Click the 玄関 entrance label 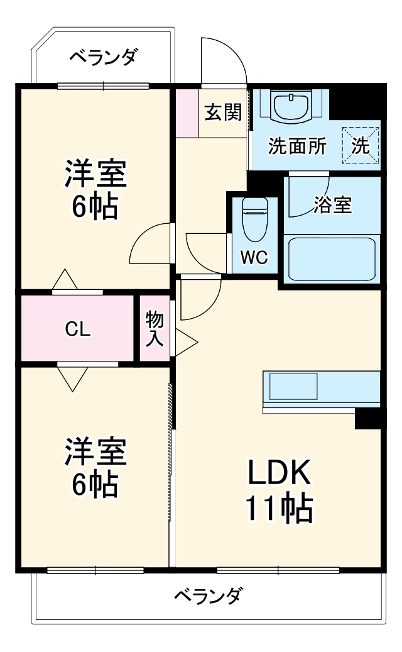point(223,113)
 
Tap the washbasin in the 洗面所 point(291,105)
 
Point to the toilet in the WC point(254,219)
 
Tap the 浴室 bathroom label point(333,205)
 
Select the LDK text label point(278,473)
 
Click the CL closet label point(79,329)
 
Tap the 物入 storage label point(155,329)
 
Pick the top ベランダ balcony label point(102,58)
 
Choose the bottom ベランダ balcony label point(208,595)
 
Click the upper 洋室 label point(96,174)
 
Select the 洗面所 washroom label point(297,146)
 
